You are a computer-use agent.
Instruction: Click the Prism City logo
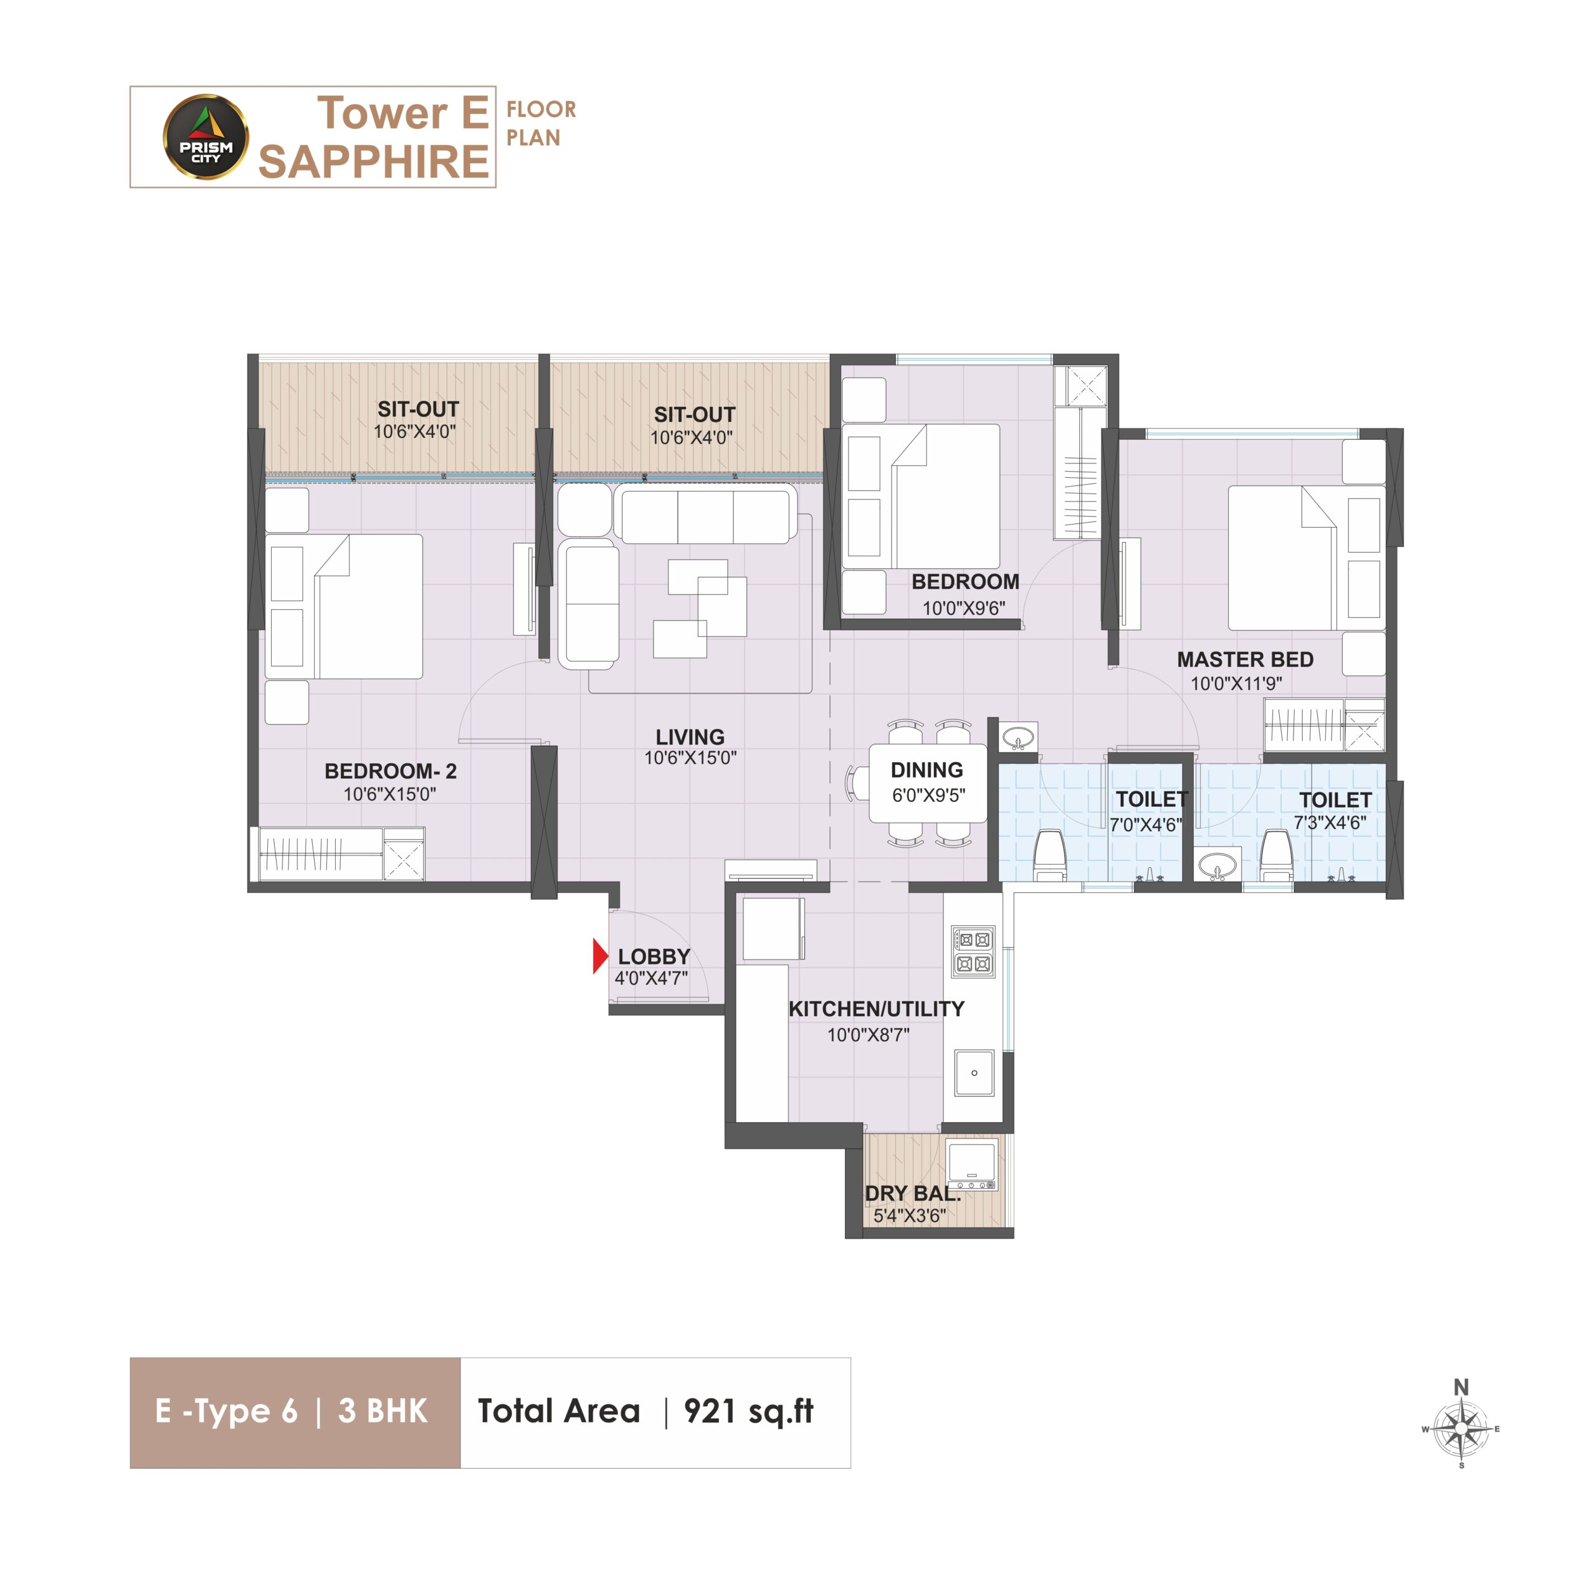(x=206, y=137)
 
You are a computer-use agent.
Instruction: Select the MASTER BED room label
(x=1245, y=660)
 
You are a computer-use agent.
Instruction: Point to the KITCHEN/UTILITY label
(x=876, y=1009)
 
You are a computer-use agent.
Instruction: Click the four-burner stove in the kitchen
(x=973, y=951)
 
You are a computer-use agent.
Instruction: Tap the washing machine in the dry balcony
(x=972, y=1165)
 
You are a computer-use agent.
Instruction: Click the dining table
(x=927, y=783)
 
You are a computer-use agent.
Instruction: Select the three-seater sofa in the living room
(x=705, y=515)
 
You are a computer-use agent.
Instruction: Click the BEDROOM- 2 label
(x=391, y=771)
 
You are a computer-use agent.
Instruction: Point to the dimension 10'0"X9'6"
(x=963, y=609)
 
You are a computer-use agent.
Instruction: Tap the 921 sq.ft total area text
(x=749, y=1411)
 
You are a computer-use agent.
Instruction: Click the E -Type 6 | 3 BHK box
(x=295, y=1412)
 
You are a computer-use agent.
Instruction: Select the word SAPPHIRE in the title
(x=374, y=161)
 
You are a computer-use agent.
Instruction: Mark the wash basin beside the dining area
(x=1019, y=736)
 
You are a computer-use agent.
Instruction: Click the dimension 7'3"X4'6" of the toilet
(x=1329, y=823)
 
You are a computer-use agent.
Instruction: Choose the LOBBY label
(x=654, y=957)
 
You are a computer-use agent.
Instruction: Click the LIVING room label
(x=690, y=737)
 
